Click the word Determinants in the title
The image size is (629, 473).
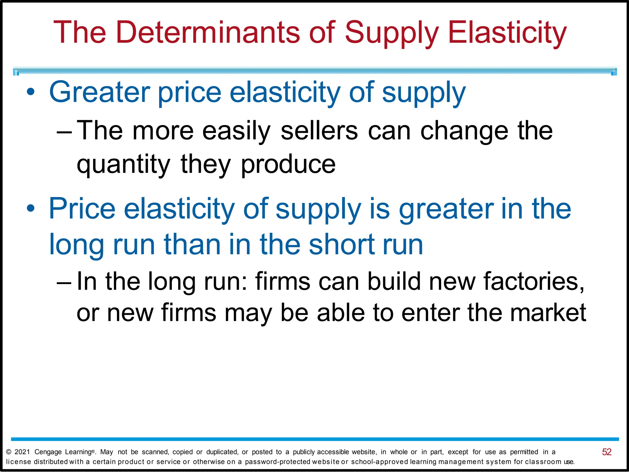click(208, 32)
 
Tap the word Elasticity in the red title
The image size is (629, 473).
click(507, 32)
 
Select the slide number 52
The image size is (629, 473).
click(607, 452)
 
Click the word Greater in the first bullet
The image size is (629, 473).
click(100, 92)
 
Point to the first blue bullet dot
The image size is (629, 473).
click(30, 92)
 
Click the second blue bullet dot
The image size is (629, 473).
click(30, 209)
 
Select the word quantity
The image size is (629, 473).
click(123, 165)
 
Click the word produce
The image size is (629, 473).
click(288, 165)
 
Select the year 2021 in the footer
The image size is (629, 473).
click(22, 452)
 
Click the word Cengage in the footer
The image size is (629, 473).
click(48, 452)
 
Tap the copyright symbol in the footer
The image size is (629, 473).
click(9, 452)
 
